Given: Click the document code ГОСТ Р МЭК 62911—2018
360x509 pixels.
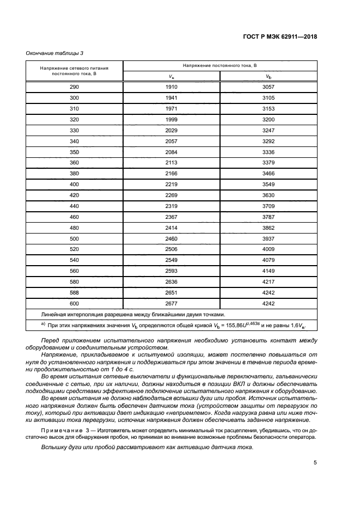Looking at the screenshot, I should (x=280, y=37).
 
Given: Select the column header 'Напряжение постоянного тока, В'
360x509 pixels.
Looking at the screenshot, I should (x=219, y=65).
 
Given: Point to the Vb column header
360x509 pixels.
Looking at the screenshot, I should (x=268, y=76).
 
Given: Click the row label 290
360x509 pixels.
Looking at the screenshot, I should (x=74, y=87).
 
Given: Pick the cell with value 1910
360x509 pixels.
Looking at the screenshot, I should (x=172, y=87).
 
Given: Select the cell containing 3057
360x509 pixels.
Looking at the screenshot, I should (x=268, y=87).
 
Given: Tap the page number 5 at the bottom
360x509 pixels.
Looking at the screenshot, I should (x=315, y=463).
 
